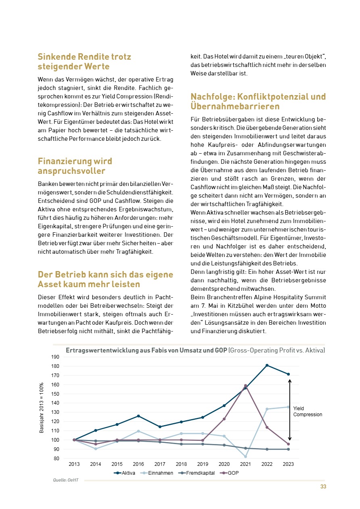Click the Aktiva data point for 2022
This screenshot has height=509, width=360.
pyautogui.click(x=267, y=365)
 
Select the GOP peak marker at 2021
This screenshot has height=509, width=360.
pyautogui.click(x=246, y=386)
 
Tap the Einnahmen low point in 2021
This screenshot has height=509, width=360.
pyautogui.click(x=246, y=457)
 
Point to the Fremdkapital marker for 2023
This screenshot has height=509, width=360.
pyautogui.click(x=289, y=449)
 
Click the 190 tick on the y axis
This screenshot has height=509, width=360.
pyautogui.click(x=55, y=357)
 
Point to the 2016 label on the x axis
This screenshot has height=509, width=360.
pyautogui.click(x=138, y=464)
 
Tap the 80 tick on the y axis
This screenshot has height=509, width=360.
pyautogui.click(x=57, y=459)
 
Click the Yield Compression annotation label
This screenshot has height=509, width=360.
pyautogui.click(x=308, y=411)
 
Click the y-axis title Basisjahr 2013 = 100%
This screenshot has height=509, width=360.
pyautogui.click(x=42, y=408)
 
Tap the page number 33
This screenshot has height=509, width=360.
pyautogui.click(x=323, y=487)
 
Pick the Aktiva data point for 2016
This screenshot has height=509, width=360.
pyautogui.click(x=138, y=416)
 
